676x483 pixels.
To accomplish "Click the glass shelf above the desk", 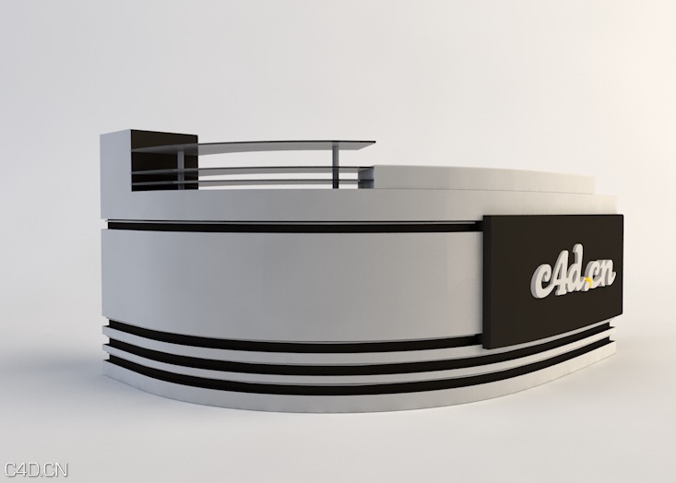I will pos(286,146).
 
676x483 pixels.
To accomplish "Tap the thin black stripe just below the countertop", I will pos(295,226).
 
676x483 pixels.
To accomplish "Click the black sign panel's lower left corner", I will pos(485,345).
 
